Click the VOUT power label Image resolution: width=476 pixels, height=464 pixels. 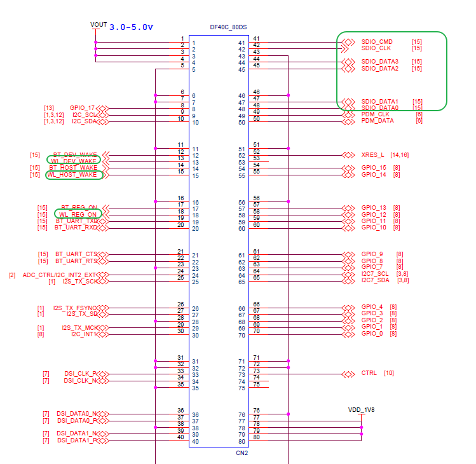point(99,24)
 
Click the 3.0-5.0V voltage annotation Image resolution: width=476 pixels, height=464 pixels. point(131,27)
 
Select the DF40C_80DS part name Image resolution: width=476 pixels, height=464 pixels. point(228,27)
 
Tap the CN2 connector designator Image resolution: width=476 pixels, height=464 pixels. point(241,453)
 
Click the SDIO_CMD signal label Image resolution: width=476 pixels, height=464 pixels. point(377,42)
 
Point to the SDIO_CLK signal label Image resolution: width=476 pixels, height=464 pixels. point(376,48)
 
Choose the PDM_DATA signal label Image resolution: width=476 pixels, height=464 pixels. point(377,121)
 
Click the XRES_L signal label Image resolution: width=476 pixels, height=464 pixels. point(373,155)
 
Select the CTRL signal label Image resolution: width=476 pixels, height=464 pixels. point(369,373)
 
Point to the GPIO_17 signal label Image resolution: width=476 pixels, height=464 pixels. point(83,108)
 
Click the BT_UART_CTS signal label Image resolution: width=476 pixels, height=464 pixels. point(76,254)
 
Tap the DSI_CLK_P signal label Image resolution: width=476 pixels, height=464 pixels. point(81,374)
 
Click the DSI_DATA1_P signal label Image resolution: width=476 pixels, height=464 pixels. point(77,440)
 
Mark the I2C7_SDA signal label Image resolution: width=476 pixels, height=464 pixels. point(376,280)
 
